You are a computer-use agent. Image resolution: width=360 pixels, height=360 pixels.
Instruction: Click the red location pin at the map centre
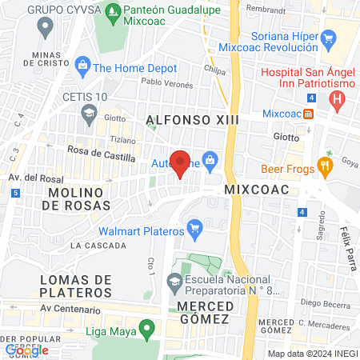[x=181, y=162]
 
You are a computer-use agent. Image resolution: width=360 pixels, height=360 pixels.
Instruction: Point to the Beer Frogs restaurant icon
[x=325, y=167]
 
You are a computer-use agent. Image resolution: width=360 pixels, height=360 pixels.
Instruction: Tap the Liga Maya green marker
[x=146, y=328]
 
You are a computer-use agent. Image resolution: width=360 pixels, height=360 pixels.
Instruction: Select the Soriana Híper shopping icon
[x=327, y=36]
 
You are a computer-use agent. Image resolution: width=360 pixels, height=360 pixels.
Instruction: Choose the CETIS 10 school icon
[x=86, y=112]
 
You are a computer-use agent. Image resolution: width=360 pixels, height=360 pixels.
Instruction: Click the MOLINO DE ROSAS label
[x=76, y=199]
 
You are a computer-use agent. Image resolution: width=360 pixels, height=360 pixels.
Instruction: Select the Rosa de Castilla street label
[x=102, y=158]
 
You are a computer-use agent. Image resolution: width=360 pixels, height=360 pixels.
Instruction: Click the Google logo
[x=26, y=350]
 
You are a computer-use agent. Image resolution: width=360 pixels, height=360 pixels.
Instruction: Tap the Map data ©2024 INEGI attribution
[x=311, y=354]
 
